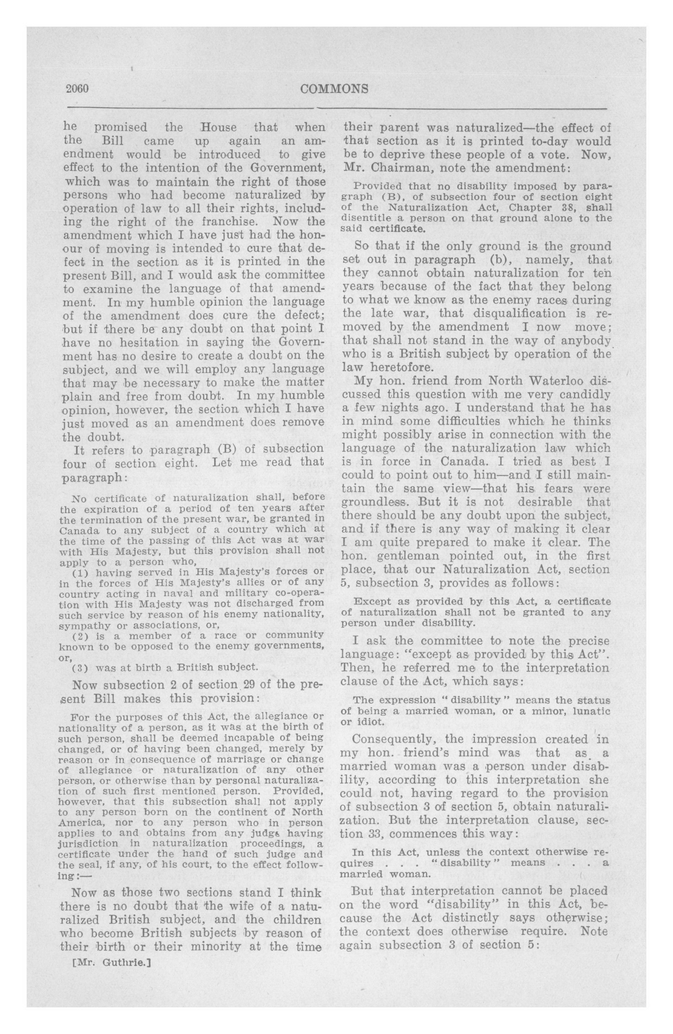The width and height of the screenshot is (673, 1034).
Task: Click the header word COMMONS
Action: (334, 89)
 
